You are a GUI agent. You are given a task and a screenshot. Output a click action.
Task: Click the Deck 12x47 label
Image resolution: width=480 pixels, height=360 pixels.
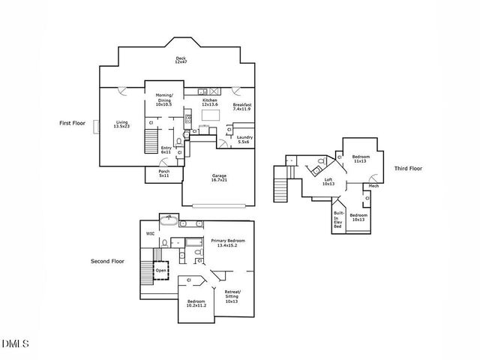click(180, 60)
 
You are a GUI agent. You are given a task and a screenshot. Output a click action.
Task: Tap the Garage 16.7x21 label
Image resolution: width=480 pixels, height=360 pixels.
click(218, 178)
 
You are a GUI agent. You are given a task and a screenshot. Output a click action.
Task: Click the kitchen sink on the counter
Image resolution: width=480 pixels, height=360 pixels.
click(203, 91)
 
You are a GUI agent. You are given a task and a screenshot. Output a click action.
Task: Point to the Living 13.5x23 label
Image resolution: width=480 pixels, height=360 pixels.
click(121, 124)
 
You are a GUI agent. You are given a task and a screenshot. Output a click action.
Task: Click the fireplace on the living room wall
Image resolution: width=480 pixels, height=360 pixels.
click(95, 127)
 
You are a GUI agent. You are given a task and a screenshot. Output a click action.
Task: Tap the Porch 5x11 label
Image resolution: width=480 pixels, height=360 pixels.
click(164, 173)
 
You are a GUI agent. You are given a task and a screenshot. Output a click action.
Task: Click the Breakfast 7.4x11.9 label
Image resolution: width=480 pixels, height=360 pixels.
click(242, 106)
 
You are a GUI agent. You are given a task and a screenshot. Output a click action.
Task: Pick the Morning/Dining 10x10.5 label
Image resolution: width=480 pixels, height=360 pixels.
click(163, 100)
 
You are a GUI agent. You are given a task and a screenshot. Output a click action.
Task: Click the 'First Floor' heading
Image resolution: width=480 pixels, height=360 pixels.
click(73, 122)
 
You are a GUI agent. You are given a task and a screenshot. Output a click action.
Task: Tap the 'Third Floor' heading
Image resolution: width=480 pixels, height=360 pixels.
click(408, 168)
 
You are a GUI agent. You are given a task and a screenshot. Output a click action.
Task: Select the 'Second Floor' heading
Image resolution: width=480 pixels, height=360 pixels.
click(106, 262)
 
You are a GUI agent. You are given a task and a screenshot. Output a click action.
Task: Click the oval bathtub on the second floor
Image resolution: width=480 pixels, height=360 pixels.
click(168, 223)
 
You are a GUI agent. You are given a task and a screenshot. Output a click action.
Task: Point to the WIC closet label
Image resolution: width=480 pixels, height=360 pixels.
click(150, 233)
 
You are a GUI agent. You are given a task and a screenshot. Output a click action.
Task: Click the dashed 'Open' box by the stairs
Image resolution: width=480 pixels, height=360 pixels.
click(161, 269)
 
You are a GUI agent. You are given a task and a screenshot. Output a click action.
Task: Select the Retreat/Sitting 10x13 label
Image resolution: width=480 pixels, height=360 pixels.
click(232, 297)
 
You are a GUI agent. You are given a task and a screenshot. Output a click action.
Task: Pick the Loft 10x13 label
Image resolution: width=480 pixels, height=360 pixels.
click(328, 181)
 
